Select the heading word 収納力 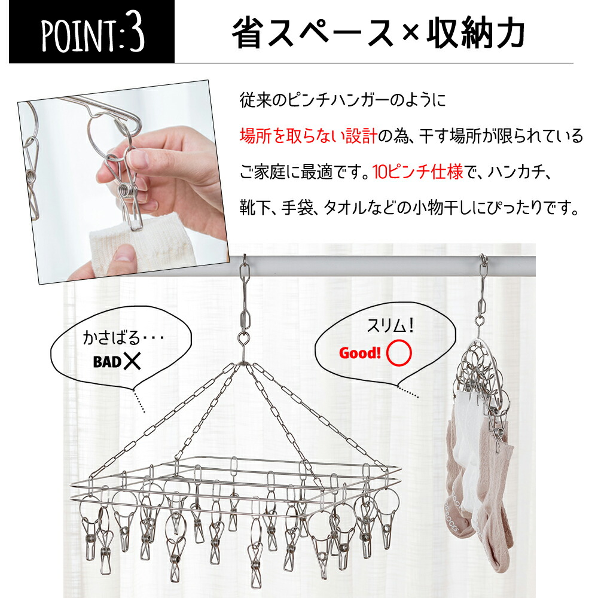(x=475, y=33)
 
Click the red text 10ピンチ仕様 (x=417, y=172)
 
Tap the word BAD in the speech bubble (x=107, y=362)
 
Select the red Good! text (x=359, y=353)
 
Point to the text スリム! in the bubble (x=389, y=325)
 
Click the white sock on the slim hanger (x=468, y=450)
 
